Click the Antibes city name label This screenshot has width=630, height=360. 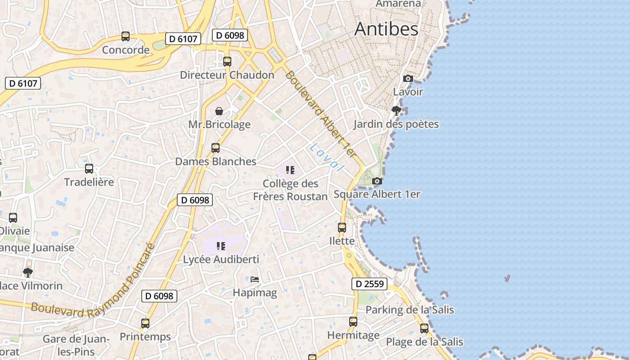tap(386, 29)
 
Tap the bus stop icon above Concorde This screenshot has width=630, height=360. tap(126, 36)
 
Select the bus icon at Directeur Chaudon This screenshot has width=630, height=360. tap(227, 62)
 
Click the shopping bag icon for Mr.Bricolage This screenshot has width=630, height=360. tap(219, 111)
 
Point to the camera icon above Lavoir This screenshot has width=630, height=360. tap(408, 79)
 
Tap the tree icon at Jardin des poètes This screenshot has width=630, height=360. tap(396, 111)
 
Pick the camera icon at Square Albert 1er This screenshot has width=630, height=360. tap(377, 181)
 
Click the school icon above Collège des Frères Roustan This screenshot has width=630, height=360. tap(290, 170)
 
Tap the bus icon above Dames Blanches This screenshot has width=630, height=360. tap(216, 148)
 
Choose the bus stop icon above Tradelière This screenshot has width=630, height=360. tap(89, 169)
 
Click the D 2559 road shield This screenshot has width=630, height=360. tap(369, 284)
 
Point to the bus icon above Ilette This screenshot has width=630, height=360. tap(342, 228)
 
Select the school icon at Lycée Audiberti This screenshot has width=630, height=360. tap(220, 246)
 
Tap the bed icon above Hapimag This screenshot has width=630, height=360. tap(255, 279)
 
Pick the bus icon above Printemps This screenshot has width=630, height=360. tap(145, 323)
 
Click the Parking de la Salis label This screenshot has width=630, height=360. tap(409, 310)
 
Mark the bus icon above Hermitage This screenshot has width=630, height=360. tap(353, 322)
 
